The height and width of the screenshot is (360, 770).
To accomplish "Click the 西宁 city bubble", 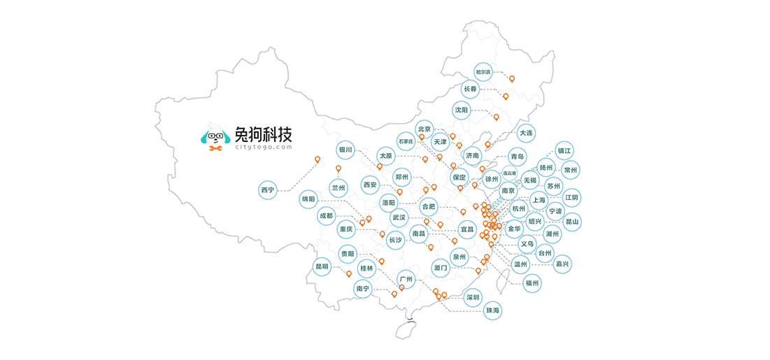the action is [x=268, y=190].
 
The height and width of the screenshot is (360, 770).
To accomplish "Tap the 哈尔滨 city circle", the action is [x=483, y=72].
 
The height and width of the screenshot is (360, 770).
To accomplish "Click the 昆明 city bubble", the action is [x=322, y=267].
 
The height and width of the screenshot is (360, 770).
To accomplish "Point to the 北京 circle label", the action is [x=425, y=129].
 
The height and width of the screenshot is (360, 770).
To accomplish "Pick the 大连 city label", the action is [x=527, y=133].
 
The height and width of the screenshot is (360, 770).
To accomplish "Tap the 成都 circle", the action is [x=326, y=215].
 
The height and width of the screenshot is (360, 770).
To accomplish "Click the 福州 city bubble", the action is [x=532, y=283].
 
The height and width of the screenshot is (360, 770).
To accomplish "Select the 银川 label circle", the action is [x=345, y=150].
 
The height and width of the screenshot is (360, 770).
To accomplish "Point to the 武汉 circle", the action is [x=399, y=217].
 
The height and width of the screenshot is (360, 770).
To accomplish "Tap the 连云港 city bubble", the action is [x=509, y=173].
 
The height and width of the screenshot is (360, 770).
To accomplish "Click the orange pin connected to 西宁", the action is [x=318, y=159].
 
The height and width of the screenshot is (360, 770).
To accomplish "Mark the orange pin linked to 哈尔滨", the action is [x=512, y=78].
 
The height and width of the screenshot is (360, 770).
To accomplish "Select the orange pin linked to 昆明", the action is [x=349, y=274].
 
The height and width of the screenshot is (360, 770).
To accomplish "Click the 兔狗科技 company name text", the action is [x=264, y=133].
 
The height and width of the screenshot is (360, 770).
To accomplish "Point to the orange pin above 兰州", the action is [x=338, y=169].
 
